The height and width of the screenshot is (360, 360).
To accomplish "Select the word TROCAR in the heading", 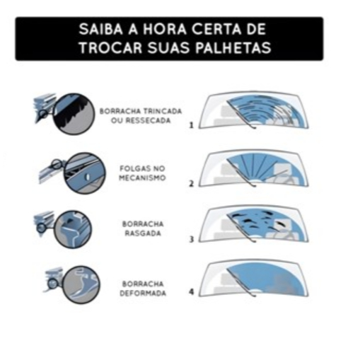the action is click(x=110, y=47).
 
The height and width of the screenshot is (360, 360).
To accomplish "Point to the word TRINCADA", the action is click(x=163, y=111).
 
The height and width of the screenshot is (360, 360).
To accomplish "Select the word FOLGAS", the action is click(x=133, y=168).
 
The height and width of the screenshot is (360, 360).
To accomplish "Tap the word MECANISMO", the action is click(x=142, y=178).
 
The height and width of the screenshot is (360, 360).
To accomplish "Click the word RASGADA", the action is click(x=143, y=233).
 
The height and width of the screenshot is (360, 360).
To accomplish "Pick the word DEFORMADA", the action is click(x=143, y=293).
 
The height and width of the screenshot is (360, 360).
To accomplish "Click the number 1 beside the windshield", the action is click(x=192, y=125).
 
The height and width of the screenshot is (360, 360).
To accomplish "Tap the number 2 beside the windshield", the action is click(x=192, y=183).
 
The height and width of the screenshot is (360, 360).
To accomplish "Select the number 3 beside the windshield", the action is click(x=192, y=239).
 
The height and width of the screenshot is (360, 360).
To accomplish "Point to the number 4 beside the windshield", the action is click(x=192, y=292).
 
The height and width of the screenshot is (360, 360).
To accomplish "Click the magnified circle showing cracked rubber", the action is click(x=74, y=114).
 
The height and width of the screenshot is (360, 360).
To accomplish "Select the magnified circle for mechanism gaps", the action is click(x=84, y=173).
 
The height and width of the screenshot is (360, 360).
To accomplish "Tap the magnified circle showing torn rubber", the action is click(x=73, y=229).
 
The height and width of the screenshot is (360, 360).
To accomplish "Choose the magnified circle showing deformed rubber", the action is click(x=81, y=284).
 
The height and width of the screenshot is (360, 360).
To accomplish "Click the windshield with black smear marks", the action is click(x=253, y=224).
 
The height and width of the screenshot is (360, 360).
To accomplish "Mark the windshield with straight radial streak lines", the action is click(x=253, y=168).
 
